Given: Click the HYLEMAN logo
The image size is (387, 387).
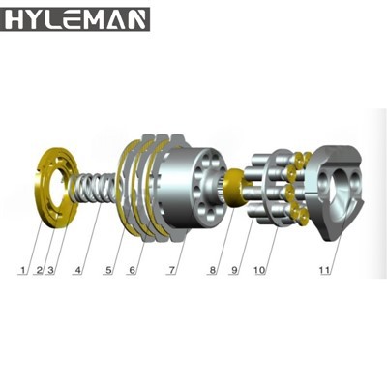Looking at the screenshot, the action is [x=74, y=19].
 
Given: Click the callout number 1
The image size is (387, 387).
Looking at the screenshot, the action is [x=22, y=270].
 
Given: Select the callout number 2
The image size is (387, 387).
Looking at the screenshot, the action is [x=40, y=270].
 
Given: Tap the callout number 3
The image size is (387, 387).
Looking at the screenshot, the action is [x=50, y=270].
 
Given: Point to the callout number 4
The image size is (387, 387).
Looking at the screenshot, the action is [x=78, y=270].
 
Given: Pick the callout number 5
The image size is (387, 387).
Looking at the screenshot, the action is [x=109, y=270].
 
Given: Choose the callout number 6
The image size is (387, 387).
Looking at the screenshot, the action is [x=133, y=270].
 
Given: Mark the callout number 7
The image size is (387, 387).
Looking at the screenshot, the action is [x=172, y=270].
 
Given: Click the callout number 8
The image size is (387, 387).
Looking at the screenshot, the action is [x=212, y=270].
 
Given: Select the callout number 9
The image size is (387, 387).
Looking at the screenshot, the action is [x=234, y=270].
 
